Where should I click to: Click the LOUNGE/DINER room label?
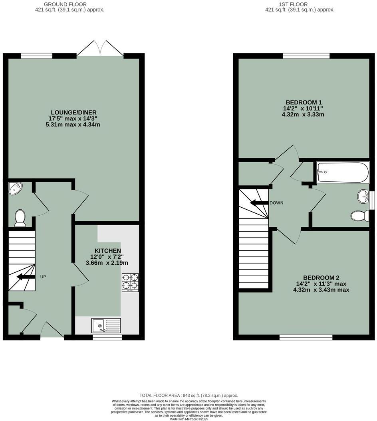tap(73, 112)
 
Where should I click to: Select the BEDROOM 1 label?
tap(304, 102)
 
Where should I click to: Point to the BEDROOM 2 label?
tap(321, 277)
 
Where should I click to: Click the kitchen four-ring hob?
tap(130, 282)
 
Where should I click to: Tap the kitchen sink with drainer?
tap(106, 325)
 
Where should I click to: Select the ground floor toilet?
tap(20, 218)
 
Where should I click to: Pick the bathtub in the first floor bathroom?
tap(342, 172)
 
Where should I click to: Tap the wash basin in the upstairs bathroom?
tap(364, 196)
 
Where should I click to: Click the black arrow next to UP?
tap(26, 277)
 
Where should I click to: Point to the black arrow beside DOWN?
tap(258, 203)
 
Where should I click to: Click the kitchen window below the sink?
tap(107, 337)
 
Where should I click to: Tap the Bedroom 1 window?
tap(306, 55)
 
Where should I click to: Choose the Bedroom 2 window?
tap(306, 337)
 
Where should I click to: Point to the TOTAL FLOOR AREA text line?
tap(188, 395)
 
